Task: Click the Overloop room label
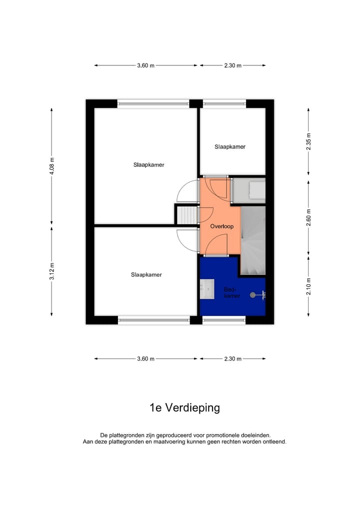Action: tap(221, 226)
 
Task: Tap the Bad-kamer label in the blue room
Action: tap(231, 293)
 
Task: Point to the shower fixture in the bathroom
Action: tap(259, 295)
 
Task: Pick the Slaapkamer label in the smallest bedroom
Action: tap(230, 147)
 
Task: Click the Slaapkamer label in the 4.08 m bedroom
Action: tap(148, 164)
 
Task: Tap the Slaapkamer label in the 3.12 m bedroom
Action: tap(146, 274)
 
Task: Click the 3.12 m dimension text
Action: tap(51, 271)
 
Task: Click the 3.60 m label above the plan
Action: tap(145, 65)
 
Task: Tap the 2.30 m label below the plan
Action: tap(232, 359)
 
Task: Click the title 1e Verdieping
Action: tap(184, 408)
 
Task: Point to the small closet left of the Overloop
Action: tap(186, 215)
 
